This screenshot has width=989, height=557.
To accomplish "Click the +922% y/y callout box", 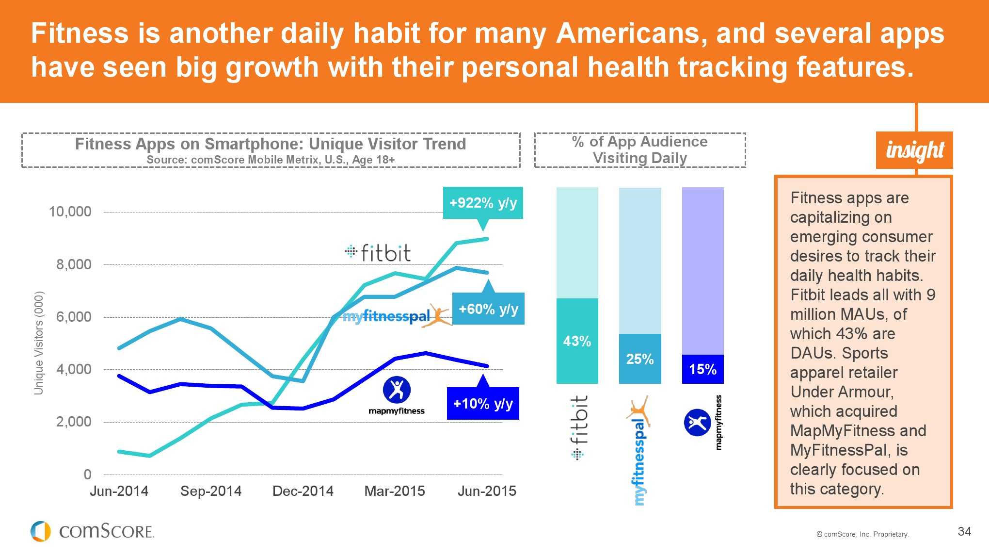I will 483,203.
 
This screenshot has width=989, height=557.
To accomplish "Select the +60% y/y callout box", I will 488,309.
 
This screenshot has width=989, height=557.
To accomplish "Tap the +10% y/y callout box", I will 483,403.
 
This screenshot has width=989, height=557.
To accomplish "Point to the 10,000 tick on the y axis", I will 70,212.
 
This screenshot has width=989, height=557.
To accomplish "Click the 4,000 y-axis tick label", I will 74,369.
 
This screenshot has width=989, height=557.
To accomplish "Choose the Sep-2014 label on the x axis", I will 211,491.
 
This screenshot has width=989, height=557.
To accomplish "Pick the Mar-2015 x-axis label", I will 395,491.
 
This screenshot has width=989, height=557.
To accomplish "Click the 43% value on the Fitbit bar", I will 577,341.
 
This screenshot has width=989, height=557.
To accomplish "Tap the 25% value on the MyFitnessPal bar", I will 640,359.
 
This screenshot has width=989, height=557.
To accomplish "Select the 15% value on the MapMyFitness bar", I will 702,369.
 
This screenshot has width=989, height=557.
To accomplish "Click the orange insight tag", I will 914,150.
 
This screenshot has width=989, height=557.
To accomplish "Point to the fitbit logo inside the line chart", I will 378,252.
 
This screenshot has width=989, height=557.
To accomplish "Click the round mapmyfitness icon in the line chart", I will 397,389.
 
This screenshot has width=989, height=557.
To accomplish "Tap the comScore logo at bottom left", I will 92,531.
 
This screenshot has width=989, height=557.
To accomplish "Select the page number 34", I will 964,531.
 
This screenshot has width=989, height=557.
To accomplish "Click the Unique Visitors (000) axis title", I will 39,343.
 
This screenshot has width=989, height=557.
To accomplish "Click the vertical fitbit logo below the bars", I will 578,427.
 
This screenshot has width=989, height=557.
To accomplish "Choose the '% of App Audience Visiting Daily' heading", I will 640,150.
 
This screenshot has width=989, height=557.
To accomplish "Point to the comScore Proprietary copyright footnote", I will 862,534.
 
